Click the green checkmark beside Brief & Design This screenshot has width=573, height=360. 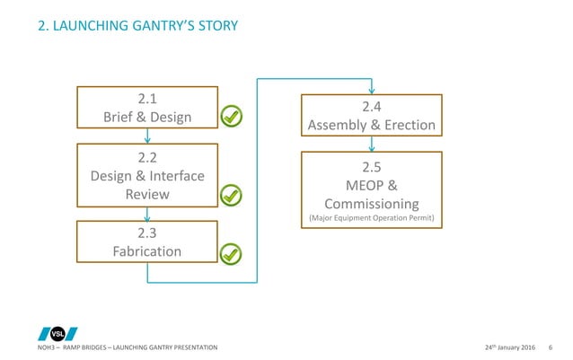click(x=232, y=116)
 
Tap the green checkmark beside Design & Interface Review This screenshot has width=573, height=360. click(x=232, y=195)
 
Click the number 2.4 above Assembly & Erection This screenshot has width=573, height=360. click(x=371, y=107)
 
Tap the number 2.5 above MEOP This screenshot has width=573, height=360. click(x=371, y=166)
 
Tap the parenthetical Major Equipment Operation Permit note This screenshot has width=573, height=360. click(x=371, y=219)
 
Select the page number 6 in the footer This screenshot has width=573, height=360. click(x=550, y=347)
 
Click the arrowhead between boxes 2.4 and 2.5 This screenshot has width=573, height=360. click(x=371, y=146)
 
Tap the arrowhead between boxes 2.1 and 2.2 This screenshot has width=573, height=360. click(x=146, y=138)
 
